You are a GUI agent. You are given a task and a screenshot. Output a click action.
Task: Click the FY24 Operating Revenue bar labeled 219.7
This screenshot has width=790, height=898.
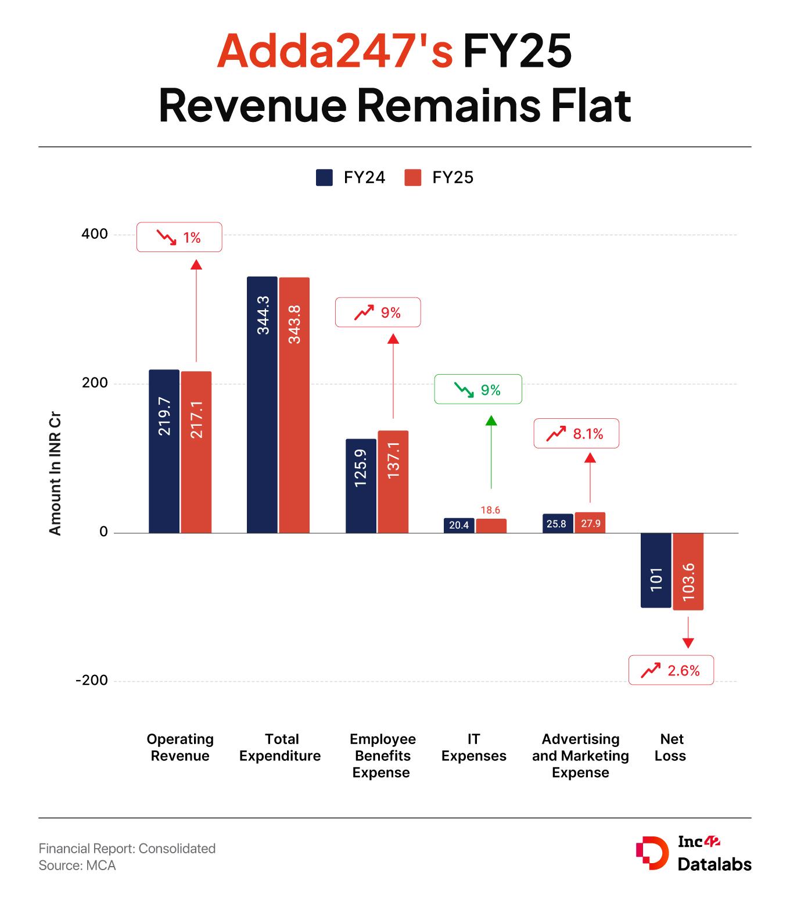[x=164, y=451]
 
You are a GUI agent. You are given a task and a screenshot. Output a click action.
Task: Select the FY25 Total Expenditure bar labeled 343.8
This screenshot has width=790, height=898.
[x=294, y=405]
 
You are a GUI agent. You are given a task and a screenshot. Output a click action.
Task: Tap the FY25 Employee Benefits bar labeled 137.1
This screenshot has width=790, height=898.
[x=393, y=482]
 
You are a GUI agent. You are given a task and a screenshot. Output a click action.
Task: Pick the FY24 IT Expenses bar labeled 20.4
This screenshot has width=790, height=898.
[x=459, y=525]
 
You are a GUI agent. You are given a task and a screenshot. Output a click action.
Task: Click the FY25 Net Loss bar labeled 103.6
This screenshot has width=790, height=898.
[x=688, y=571]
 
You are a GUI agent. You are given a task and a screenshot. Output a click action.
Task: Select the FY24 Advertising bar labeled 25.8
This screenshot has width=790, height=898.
[x=558, y=523]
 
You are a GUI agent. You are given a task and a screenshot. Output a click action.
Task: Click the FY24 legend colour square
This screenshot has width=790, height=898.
[x=324, y=178]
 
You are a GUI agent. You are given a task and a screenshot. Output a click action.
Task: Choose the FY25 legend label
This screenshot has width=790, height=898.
[x=453, y=178]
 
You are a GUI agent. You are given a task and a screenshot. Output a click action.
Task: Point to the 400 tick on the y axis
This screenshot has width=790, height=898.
[x=95, y=234]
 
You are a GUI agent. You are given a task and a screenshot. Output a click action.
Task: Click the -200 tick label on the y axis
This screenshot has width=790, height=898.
[x=92, y=680]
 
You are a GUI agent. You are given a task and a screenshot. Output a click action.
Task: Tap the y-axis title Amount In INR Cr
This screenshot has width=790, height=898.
[x=55, y=473]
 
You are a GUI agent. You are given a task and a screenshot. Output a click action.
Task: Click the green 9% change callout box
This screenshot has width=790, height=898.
[x=478, y=390]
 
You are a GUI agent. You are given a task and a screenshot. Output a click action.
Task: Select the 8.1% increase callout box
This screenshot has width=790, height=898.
[x=576, y=433]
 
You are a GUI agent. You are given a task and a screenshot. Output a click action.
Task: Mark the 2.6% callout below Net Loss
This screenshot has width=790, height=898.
[x=671, y=670]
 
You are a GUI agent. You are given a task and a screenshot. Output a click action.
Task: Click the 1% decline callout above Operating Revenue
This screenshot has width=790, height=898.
[x=179, y=237]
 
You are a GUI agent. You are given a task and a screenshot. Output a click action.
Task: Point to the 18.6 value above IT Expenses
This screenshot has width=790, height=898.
[x=490, y=510]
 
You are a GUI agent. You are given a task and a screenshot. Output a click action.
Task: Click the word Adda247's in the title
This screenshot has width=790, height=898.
[x=335, y=51]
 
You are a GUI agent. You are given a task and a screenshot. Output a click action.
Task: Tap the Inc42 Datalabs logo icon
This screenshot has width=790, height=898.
[x=652, y=854]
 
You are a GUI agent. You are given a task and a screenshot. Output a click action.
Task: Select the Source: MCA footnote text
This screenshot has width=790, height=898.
[x=77, y=865]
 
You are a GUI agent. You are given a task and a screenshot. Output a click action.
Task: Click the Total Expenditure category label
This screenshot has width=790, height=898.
[x=280, y=748]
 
